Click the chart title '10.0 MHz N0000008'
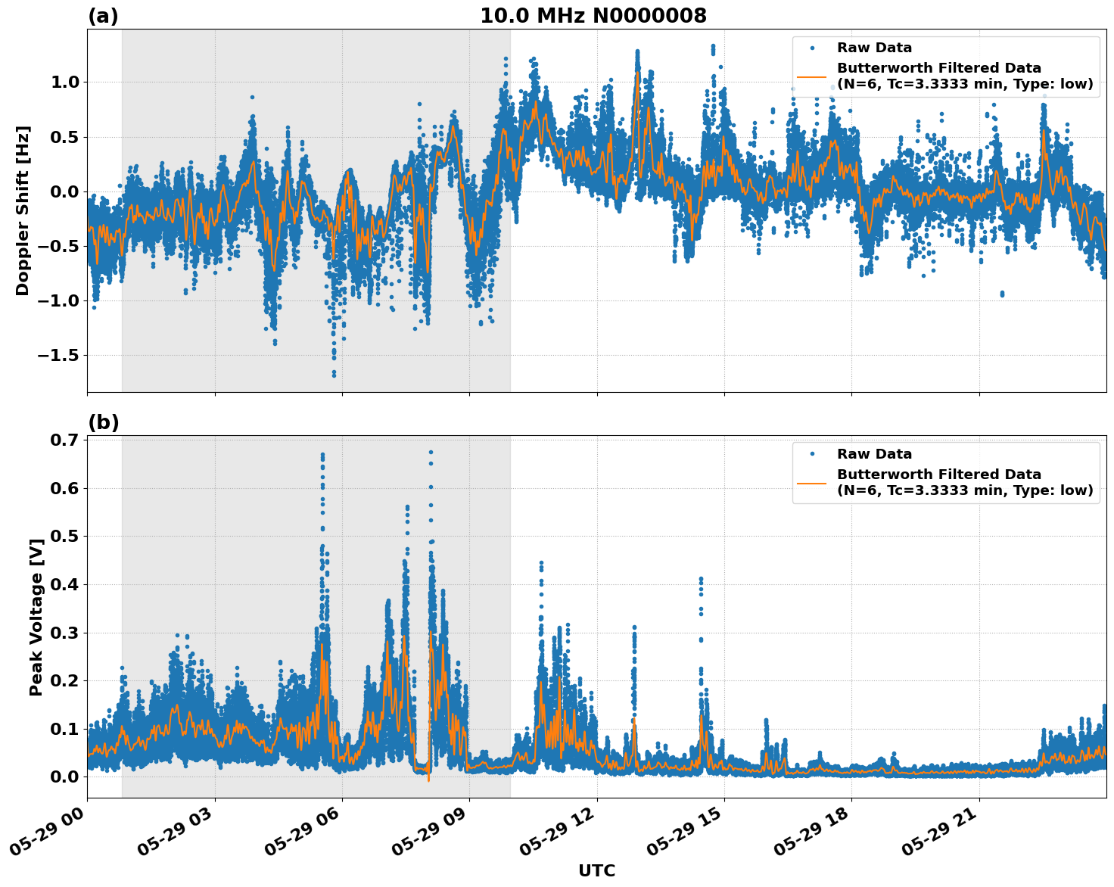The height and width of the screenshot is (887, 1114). click(x=593, y=16)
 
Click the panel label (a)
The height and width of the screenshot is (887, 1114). click(x=103, y=16)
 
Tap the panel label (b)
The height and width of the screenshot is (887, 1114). click(x=103, y=422)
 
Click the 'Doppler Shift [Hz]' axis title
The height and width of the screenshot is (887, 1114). click(x=23, y=210)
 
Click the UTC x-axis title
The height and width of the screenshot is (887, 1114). click(x=596, y=870)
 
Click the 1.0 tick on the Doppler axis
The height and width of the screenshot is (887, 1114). click(x=65, y=82)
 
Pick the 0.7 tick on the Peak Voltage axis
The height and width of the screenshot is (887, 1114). click(x=65, y=440)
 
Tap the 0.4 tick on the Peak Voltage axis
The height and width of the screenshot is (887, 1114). click(x=65, y=584)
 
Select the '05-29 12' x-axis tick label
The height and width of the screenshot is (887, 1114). click(x=556, y=833)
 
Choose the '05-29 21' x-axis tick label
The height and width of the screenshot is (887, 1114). click(x=938, y=833)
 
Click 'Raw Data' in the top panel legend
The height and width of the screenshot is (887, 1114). click(x=874, y=48)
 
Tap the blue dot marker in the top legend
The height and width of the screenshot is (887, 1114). click(x=811, y=48)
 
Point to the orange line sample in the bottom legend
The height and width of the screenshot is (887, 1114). click(x=811, y=482)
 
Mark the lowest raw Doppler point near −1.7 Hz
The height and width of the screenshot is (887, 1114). click(x=334, y=375)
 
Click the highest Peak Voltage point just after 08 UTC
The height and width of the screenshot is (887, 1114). click(x=431, y=452)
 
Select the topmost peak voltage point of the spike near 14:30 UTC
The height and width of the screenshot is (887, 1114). click(x=701, y=579)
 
